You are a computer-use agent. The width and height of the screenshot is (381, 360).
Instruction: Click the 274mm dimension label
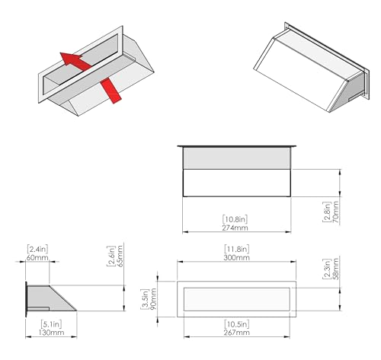tap(235, 228)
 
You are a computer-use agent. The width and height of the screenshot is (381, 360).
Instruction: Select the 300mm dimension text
tap(236, 257)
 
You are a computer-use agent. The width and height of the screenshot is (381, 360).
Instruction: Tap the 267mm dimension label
tap(236, 333)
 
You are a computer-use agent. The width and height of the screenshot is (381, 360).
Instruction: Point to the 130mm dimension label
tap(51, 333)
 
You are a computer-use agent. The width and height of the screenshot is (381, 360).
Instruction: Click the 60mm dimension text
tap(37, 257)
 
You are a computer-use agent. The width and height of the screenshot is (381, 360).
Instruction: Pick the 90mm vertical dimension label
tap(153, 299)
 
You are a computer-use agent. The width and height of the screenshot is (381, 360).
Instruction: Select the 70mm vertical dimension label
tap(335, 212)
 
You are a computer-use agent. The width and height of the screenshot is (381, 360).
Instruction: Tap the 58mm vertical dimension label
tap(335, 269)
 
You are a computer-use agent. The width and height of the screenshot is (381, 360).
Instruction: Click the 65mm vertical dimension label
tap(120, 256)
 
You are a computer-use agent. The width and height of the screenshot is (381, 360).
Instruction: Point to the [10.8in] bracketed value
tap(235, 219)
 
